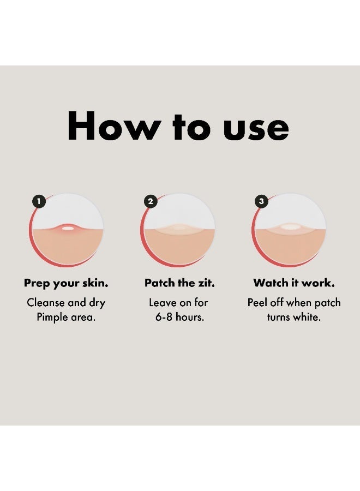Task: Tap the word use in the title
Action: tap(256, 128)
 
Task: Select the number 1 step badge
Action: tap(39, 201)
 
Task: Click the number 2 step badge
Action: tap(151, 201)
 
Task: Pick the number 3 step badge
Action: tap(262, 201)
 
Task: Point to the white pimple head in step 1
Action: tap(68, 228)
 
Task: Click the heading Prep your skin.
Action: tap(66, 283)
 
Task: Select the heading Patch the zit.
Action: tap(179, 283)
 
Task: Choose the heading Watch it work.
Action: tap(294, 283)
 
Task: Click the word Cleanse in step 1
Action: tap(46, 303)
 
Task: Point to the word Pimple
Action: tap(52, 318)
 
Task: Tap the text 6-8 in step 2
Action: tap(164, 317)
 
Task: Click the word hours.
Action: tap(190, 317)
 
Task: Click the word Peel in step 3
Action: tap(257, 303)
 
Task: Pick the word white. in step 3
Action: tap(307, 317)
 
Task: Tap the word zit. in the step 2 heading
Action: tap(206, 283)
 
